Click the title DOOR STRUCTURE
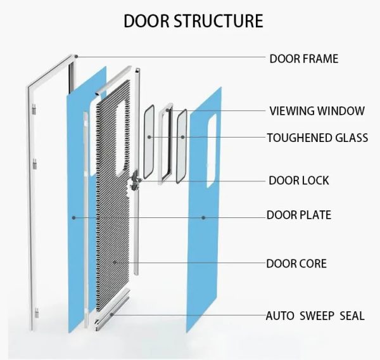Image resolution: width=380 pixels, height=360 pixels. click(193, 20)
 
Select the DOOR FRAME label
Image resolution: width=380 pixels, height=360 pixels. click(303, 59)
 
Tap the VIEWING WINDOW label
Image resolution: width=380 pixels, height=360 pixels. click(317, 111)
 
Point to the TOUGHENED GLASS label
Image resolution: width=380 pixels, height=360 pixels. click(317, 138)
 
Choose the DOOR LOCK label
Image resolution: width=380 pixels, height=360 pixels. click(298, 181)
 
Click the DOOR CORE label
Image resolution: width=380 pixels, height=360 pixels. click(296, 263)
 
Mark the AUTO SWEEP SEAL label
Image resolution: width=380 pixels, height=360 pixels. click(315, 315)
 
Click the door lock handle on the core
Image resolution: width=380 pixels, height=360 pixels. click(135, 183)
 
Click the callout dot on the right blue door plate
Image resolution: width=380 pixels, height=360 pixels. click(203, 217)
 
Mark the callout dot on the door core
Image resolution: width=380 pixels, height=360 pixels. click(115, 262)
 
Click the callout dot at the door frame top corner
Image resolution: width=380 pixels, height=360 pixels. click(75, 57)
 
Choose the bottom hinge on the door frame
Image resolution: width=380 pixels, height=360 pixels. click(37, 312)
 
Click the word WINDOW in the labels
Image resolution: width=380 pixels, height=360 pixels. click(342, 111)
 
